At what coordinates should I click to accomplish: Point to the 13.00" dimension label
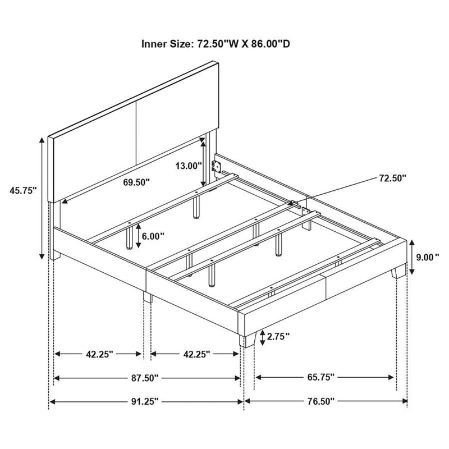pos(187,166)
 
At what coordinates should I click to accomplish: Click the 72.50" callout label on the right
pos(391,178)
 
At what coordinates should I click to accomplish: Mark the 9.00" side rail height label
pos(428,258)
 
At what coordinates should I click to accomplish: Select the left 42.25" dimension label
pos(100,354)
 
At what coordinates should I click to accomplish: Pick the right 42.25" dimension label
pos(196,354)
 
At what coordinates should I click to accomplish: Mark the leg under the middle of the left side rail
pos(147,296)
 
